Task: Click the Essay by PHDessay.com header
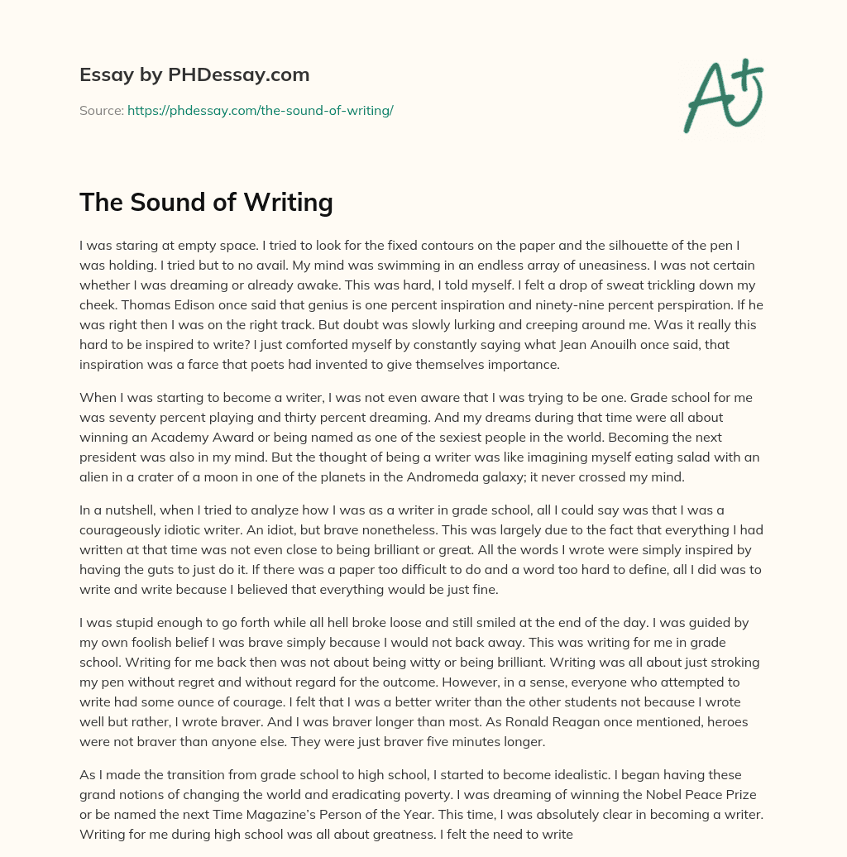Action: click(194, 75)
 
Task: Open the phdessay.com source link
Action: click(260, 110)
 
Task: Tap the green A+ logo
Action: click(722, 95)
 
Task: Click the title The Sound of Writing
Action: click(206, 203)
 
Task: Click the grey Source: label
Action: click(101, 110)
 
